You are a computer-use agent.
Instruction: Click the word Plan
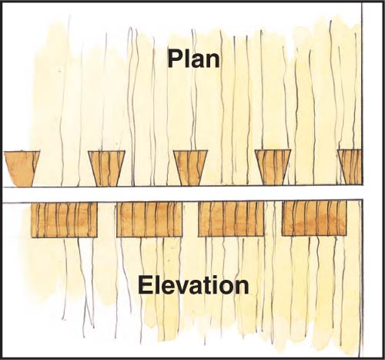click(x=194, y=59)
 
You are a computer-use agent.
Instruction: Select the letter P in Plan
click(x=175, y=59)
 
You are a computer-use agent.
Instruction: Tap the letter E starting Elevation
click(x=145, y=284)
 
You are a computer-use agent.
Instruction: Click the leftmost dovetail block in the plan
click(x=21, y=169)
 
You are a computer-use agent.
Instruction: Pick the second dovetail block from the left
click(x=106, y=168)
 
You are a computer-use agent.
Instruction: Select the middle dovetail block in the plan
click(x=190, y=168)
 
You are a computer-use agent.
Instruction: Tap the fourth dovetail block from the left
click(x=273, y=167)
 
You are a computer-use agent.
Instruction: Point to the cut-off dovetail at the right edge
click(x=350, y=167)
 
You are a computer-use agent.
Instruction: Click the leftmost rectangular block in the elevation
click(x=64, y=220)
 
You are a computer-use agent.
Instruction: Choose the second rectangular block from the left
click(x=149, y=220)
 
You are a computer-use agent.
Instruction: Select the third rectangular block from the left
click(x=231, y=219)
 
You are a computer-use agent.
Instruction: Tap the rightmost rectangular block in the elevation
click(x=314, y=218)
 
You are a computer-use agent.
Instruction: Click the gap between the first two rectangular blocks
click(x=107, y=220)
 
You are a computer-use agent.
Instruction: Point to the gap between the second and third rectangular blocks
click(x=190, y=219)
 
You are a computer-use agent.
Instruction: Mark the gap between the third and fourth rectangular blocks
click(x=273, y=218)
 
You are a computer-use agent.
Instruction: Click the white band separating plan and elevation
click(x=182, y=193)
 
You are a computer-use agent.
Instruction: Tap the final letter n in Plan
click(x=213, y=62)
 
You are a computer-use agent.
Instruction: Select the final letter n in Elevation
click(x=242, y=288)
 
